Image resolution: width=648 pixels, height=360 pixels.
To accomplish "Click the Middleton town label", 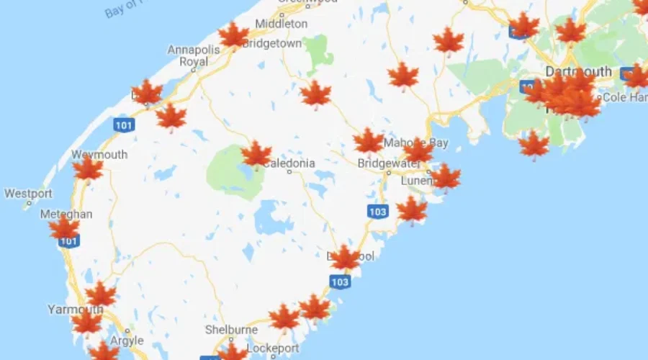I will coord(281,24).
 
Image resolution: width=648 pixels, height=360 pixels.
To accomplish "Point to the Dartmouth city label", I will coord(578,71).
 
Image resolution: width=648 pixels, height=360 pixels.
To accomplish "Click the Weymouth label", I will coord(99,154).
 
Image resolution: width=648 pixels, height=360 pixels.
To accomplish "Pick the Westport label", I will coord(28,194).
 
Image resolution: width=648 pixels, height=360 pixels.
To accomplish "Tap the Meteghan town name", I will coord(66,214).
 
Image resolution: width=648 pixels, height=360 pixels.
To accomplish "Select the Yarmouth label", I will coord(76,310).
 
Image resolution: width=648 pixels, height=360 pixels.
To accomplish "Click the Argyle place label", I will coord(127,341).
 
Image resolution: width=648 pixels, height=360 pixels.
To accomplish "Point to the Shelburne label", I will coord(231,329).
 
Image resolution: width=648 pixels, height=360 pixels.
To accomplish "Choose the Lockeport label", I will coord(272,348).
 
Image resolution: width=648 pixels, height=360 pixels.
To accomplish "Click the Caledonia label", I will coord(289,163).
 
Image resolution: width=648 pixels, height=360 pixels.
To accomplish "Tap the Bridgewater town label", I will coord(388,163).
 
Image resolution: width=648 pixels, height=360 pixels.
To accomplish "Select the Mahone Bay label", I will coord(415,143).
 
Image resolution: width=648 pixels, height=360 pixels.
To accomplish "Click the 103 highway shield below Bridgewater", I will coord(377,211).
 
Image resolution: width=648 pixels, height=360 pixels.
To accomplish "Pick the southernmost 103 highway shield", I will coord(340,282).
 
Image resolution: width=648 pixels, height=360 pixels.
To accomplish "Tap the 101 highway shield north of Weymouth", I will coord(124,125).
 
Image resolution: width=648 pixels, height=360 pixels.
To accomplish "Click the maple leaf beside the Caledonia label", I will coord(256,154).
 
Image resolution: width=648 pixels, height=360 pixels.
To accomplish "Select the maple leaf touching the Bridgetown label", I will coord(233,35).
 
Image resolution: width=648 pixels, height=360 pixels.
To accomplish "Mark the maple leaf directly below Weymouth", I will coord(88,169).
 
